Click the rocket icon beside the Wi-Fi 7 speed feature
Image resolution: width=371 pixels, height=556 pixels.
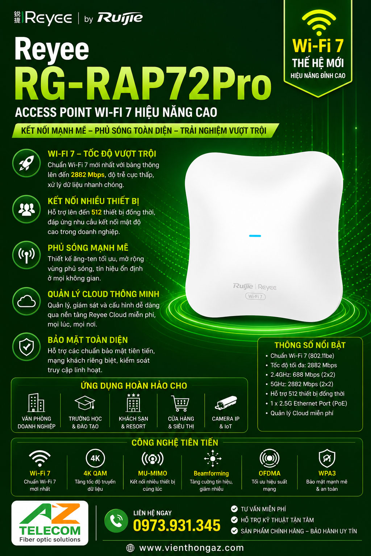point(26,163)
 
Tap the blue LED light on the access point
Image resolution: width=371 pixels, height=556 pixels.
point(255,236)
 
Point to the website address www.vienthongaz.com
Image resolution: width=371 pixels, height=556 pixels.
point(191,548)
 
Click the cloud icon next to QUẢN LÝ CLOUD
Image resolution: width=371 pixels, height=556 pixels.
point(26,301)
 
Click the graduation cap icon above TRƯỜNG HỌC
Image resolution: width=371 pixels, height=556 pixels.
point(85,403)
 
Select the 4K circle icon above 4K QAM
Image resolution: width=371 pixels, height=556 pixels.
point(95,458)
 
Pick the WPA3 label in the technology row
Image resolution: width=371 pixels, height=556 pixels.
point(327,473)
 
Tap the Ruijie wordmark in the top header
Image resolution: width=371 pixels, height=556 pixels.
point(120,18)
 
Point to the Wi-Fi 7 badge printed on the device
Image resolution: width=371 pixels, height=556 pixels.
point(255,296)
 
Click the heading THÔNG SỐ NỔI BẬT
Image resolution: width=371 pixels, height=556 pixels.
point(310,345)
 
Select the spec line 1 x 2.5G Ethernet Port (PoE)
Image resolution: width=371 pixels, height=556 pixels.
point(309,403)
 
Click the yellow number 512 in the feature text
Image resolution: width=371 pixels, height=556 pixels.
point(96,212)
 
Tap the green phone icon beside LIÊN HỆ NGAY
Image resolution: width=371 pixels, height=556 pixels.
point(116,521)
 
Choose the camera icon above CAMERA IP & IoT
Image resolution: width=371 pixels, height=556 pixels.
point(226,403)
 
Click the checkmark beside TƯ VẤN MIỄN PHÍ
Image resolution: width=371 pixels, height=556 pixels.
point(234,509)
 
